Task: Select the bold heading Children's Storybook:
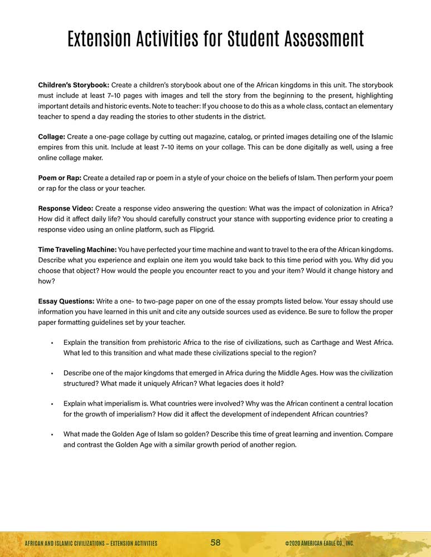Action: coord(74,85)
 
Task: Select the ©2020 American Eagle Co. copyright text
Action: coord(319,543)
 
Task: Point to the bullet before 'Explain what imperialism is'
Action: coord(51,404)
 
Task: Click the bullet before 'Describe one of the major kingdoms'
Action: coord(51,373)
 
